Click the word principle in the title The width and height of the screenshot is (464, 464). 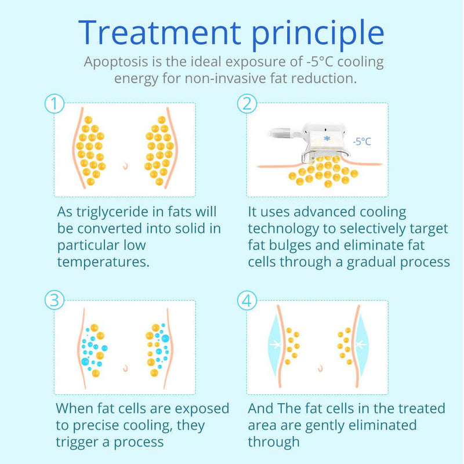[318, 35]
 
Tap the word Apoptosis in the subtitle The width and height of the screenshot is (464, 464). [116, 62]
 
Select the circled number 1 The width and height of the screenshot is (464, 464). [55, 104]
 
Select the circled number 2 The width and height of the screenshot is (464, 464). [247, 104]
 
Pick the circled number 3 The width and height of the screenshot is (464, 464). [55, 300]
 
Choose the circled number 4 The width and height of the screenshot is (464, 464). [247, 300]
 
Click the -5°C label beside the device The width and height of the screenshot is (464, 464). [361, 142]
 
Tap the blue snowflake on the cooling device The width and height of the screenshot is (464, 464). [327, 138]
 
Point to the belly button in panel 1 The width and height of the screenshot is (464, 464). [126, 166]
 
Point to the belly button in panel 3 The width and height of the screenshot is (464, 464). [125, 368]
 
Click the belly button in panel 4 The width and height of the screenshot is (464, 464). [320, 368]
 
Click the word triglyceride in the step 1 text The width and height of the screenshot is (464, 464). [112, 212]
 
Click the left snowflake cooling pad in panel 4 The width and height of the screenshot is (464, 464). [274, 345]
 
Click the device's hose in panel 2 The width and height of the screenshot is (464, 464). [285, 133]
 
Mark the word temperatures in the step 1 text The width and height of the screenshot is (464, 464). [103, 262]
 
